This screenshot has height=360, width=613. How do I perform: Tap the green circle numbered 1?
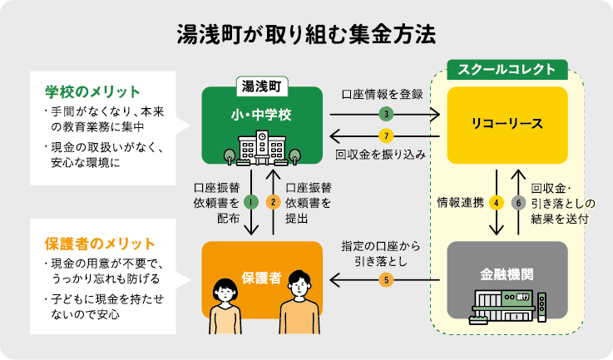250,201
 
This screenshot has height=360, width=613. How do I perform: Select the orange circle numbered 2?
272,201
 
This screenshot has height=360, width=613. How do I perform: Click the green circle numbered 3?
385,113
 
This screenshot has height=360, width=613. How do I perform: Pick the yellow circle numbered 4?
497,201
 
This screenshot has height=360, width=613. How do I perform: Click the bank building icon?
507,305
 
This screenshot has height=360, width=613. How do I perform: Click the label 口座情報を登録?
383,94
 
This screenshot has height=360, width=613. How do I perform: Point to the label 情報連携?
460,201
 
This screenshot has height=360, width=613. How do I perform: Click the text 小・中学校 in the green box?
261,114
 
